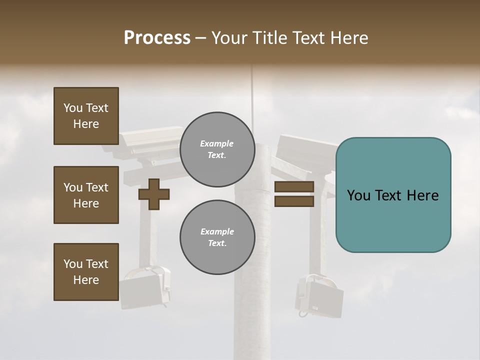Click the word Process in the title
pos(157,38)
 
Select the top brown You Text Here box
pos(86,116)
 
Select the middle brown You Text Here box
pos(86,195)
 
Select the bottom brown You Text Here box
pos(86,272)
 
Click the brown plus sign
pos(153,194)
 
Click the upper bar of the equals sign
pos(294,187)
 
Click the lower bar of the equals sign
pos(294,201)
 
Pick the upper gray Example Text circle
pos(217,149)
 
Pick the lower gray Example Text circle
pos(217,237)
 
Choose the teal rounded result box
pos(393,194)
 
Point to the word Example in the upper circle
pos(217,143)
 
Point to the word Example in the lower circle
pos(217,231)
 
